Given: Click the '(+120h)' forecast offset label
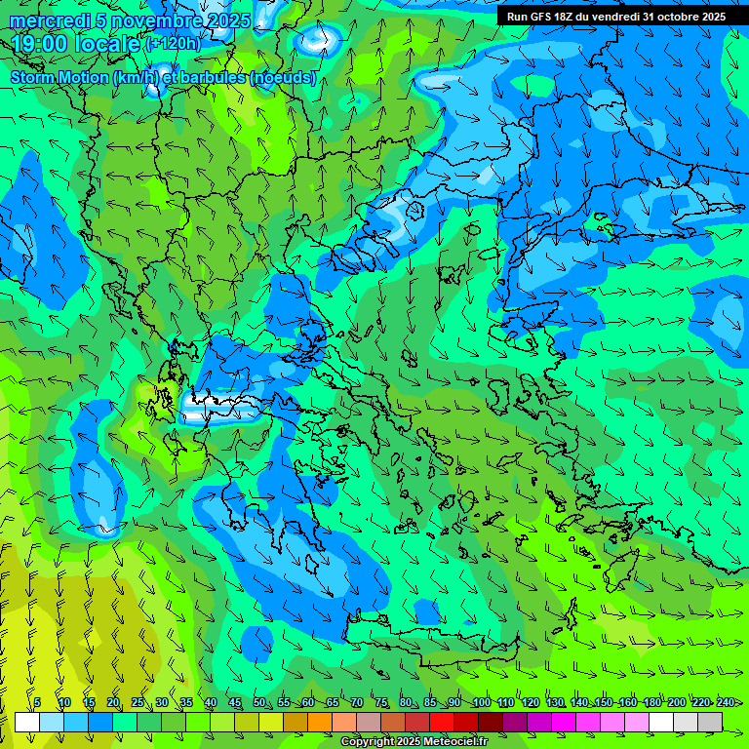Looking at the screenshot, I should click(x=173, y=44).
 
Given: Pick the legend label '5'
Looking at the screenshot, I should click(x=37, y=703).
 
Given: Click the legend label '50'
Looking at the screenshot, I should click(x=259, y=703).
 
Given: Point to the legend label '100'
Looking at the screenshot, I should click(x=482, y=703).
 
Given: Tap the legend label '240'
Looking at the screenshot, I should click(x=726, y=703).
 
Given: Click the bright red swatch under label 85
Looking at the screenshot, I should click(x=442, y=722).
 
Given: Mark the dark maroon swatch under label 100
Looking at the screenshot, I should click(x=491, y=722).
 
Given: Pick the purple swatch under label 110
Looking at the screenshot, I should click(x=515, y=722).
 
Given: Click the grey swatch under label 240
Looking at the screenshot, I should click(x=710, y=722).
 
